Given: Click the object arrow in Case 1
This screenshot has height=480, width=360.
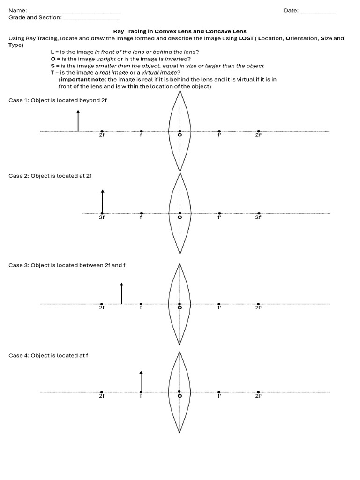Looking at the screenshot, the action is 78,120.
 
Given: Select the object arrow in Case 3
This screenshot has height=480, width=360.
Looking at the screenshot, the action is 121,293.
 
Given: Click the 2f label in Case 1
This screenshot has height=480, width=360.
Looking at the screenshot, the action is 102,135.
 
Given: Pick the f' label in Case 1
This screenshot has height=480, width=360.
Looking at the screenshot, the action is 219,135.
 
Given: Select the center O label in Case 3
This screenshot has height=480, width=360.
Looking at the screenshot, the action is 180,307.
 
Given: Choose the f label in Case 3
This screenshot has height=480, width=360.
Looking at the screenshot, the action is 141,307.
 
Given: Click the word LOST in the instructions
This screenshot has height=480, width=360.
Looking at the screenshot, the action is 246,38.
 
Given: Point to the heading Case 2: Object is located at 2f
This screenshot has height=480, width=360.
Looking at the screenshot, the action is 50,176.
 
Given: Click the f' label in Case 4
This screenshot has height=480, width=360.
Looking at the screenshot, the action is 219,396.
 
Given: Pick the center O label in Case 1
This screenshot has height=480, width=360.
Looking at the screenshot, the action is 180,135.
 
